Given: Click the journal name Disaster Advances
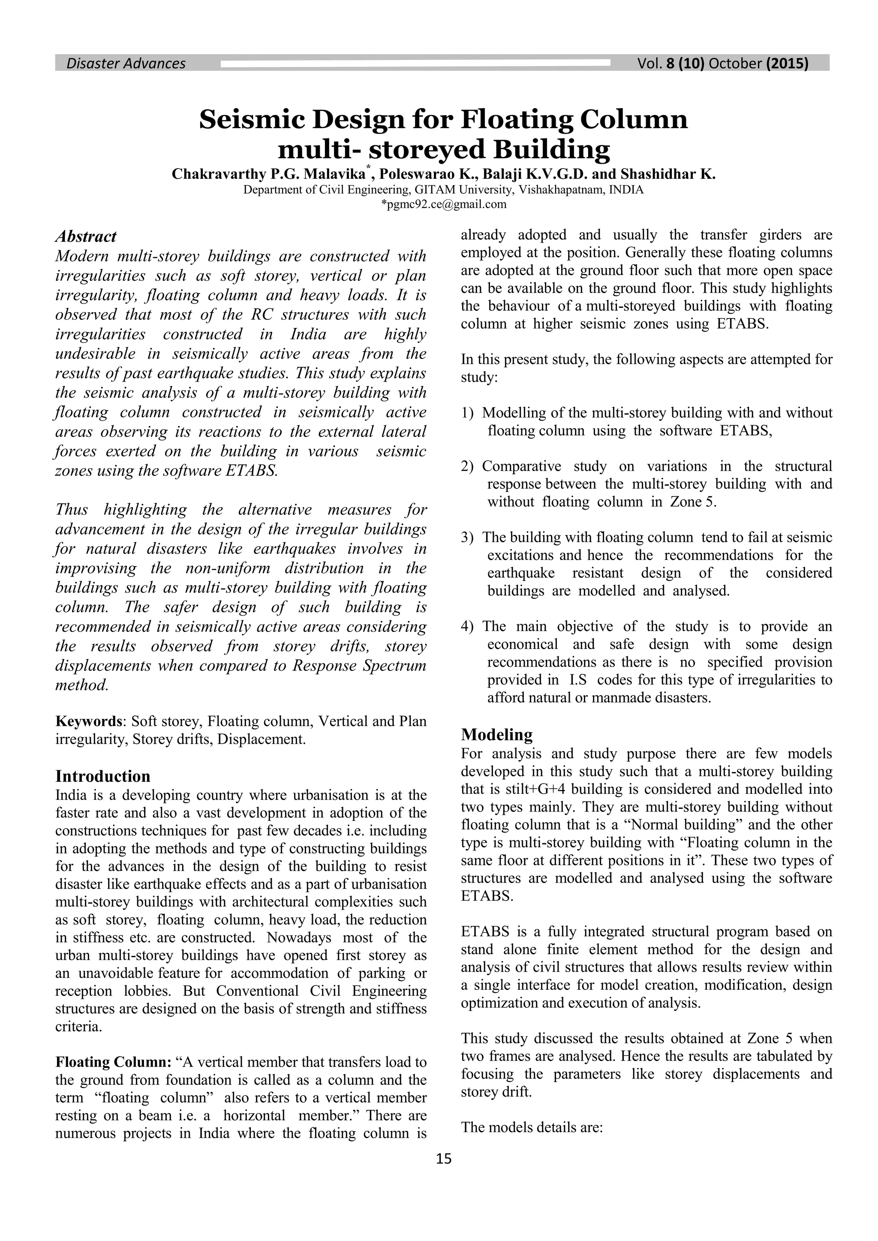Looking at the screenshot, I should [126, 64].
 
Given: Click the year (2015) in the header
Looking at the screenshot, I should [787, 64].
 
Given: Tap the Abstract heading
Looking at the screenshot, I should [86, 237].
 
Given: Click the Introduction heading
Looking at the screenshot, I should [103, 776].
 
